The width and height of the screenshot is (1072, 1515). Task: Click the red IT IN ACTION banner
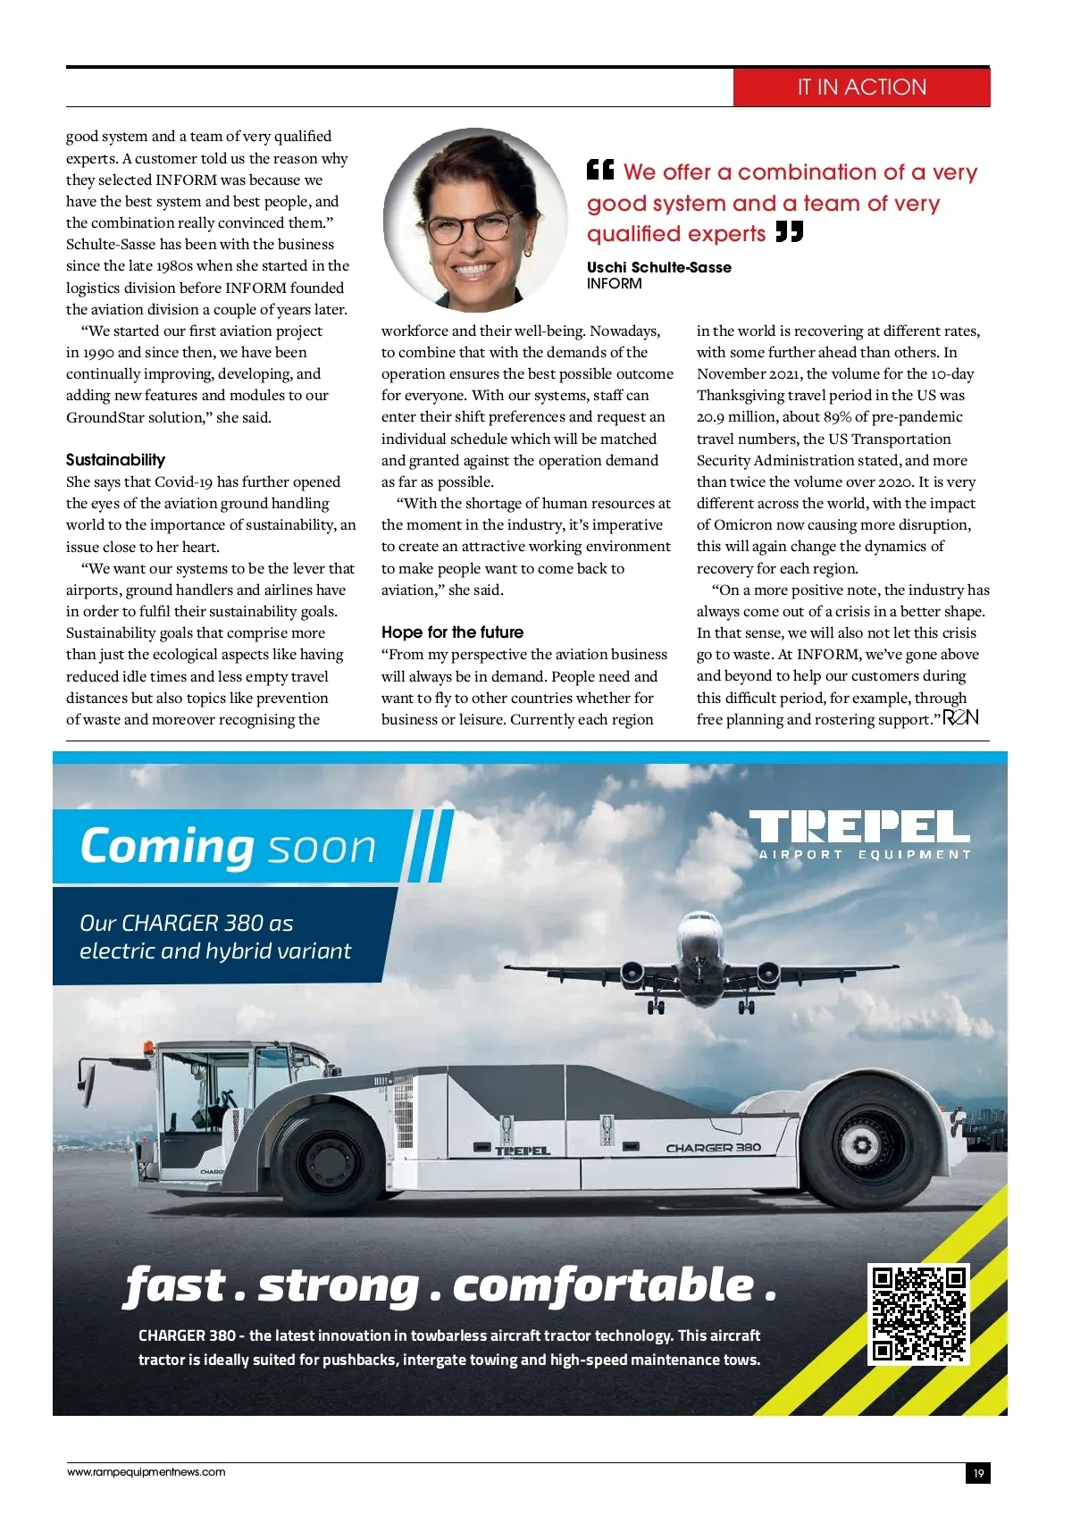coord(861,88)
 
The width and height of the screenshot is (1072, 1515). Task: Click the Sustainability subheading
coord(115,460)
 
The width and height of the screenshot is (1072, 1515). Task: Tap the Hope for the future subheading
coord(452,632)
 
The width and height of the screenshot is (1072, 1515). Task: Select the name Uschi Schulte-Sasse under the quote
coord(658,267)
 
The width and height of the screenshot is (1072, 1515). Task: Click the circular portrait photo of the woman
coord(475,219)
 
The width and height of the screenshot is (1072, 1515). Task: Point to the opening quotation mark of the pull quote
coord(600,170)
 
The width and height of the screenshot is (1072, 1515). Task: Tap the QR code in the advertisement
coord(919,1314)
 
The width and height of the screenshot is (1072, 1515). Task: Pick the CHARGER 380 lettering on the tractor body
coord(713,1148)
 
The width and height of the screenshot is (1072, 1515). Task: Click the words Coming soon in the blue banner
coord(228,847)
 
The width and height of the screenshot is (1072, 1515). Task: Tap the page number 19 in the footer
coord(978,1474)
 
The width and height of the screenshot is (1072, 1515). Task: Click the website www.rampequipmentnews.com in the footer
coord(147,1472)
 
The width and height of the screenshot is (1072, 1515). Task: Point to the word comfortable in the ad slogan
coord(603,1286)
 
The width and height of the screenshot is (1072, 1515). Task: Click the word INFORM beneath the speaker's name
coord(614,284)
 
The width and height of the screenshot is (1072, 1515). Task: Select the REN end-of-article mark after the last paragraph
coord(961,717)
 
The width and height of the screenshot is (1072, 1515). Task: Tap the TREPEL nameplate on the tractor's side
coord(523,1151)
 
